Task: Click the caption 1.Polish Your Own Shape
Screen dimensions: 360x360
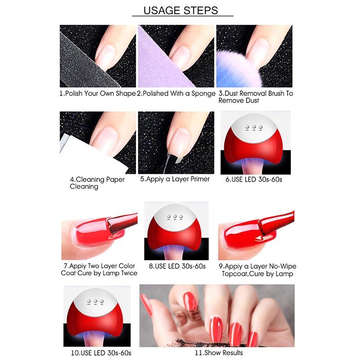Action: click(98, 94)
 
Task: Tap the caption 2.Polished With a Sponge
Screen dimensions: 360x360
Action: click(176, 94)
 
